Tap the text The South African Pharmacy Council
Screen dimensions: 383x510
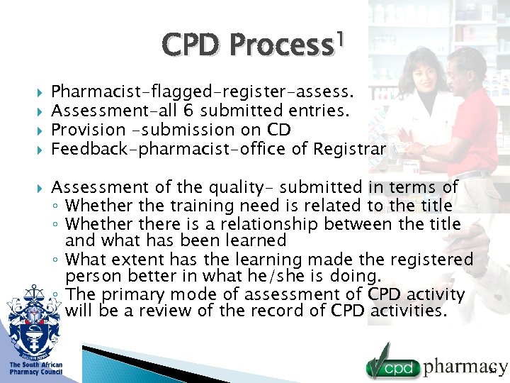[x=35, y=368]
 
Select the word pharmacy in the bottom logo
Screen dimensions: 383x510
[x=465, y=367]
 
